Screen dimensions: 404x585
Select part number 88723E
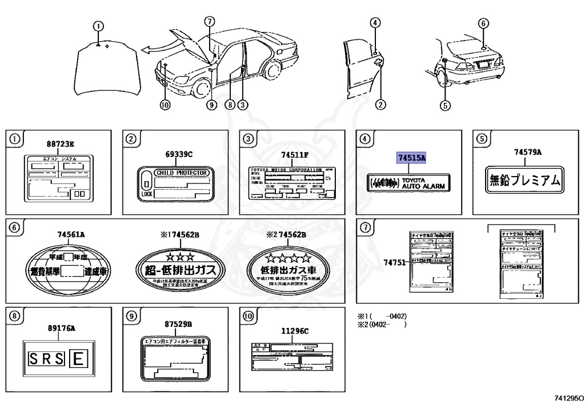(x=60, y=145)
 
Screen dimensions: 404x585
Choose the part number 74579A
(x=527, y=151)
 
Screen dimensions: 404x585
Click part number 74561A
(x=71, y=235)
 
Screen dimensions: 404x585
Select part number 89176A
(x=62, y=328)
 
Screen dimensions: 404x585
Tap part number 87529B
(x=178, y=325)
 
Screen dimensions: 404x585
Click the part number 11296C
(x=294, y=331)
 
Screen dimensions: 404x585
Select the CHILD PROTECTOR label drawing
(x=175, y=184)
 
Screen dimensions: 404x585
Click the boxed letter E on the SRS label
(x=78, y=359)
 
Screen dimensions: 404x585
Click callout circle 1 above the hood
(x=99, y=26)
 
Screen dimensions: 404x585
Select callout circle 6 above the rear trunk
(x=483, y=23)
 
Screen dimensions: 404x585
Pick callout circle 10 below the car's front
(x=165, y=105)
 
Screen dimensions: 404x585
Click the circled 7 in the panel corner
(x=366, y=227)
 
